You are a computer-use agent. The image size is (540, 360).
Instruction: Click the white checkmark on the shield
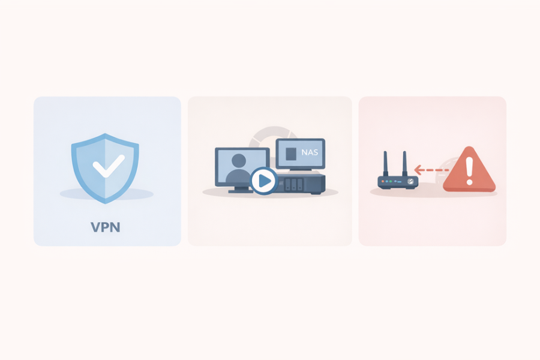tap(109, 166)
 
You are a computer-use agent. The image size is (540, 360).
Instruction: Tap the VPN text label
tap(106, 227)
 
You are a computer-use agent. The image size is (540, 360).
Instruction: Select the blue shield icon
tap(105, 169)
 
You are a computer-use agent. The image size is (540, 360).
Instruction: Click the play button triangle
tap(265, 181)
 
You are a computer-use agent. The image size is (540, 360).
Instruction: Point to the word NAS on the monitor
tap(310, 152)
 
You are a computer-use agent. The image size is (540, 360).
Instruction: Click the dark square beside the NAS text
tap(291, 154)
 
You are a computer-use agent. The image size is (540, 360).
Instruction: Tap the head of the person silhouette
tap(239, 161)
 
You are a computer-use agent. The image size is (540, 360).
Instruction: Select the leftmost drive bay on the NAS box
tap(288, 184)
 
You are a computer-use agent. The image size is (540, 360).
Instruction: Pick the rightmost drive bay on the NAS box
tap(300, 184)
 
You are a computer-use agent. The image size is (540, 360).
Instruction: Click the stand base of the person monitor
tap(240, 191)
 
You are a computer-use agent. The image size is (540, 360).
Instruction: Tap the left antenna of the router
tap(386, 164)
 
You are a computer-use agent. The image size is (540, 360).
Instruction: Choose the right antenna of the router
tap(405, 164)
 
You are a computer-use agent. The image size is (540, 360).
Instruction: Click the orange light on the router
tap(383, 181)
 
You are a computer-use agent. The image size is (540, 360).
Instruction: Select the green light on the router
tap(391, 181)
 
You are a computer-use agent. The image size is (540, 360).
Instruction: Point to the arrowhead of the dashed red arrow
tap(418, 170)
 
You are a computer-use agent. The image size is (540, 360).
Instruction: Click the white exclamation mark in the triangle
tap(469, 169)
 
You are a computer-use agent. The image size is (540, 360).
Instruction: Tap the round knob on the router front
tap(410, 181)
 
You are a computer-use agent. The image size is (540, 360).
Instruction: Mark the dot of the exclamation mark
tap(469, 181)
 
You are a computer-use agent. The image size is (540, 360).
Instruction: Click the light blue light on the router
tap(386, 181)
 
